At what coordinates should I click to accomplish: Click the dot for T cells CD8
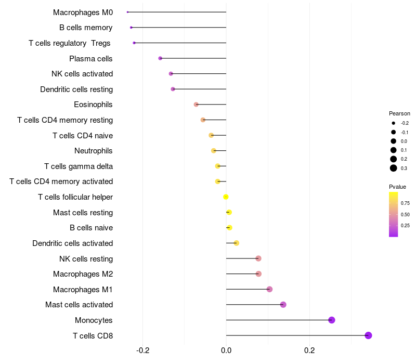tap(369, 335)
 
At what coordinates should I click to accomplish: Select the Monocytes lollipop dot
tap(332, 320)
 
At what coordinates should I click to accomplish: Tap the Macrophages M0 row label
tap(83, 12)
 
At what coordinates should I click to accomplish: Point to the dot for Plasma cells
tap(160, 58)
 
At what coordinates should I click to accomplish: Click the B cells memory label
tap(86, 28)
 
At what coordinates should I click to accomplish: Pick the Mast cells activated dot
tap(283, 305)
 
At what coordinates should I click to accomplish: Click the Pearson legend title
tap(399, 113)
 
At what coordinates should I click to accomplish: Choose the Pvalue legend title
tap(397, 187)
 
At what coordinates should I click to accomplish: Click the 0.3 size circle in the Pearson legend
tap(394, 168)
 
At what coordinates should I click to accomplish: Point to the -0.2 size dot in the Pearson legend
tap(394, 123)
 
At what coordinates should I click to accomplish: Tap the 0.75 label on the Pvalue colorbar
tap(405, 203)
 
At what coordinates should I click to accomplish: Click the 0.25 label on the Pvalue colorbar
tap(405, 226)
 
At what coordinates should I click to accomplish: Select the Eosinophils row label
tap(93, 105)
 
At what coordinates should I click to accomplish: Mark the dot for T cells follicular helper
tap(226, 197)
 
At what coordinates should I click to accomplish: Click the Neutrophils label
tap(94, 151)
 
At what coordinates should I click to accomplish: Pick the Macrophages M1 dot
tap(269, 289)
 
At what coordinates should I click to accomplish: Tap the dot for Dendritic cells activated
tap(236, 243)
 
